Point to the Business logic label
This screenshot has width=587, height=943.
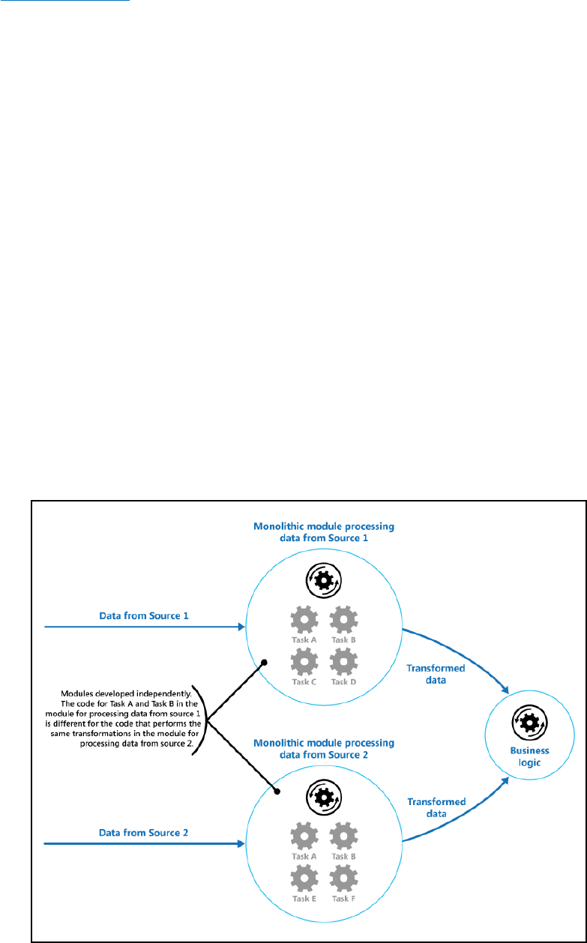click(x=531, y=756)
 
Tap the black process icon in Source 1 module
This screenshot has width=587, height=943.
click(x=322, y=579)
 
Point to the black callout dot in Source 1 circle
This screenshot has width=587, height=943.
click(x=265, y=662)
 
